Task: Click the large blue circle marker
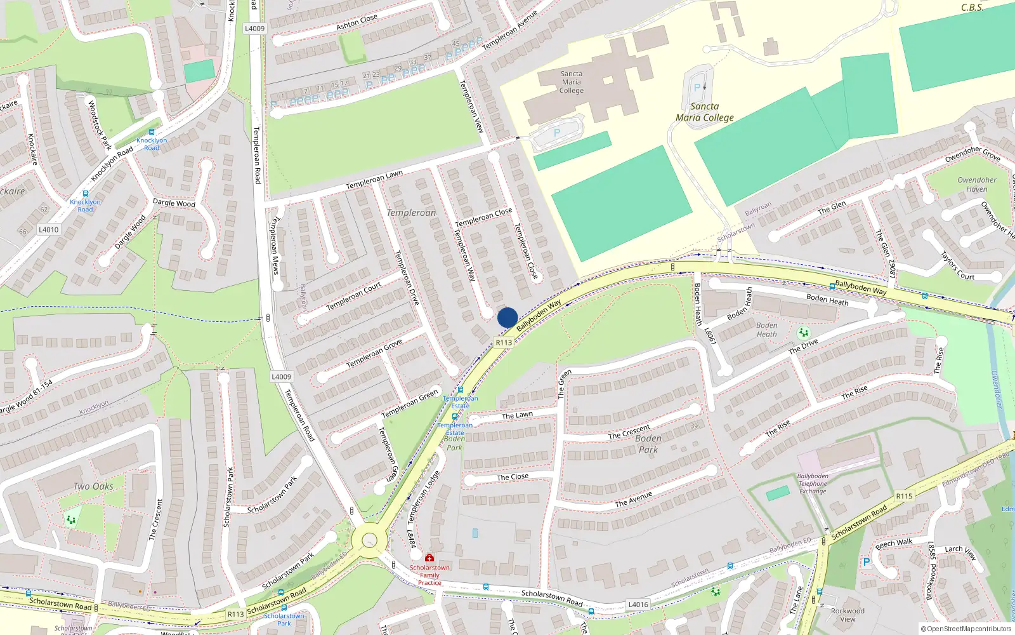pos(507,317)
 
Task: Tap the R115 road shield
pos(904,496)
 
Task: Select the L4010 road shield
pos(48,230)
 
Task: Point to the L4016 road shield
pos(638,605)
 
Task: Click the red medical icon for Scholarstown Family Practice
pos(429,558)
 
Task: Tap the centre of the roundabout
pos(369,541)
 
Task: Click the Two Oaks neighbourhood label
pos(93,486)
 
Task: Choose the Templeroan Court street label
pos(354,296)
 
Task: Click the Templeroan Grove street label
pos(374,353)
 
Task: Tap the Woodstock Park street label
pos(100,125)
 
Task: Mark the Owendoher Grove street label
pos(972,154)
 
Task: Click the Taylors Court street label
pos(957,265)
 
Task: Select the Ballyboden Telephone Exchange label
pos(813,483)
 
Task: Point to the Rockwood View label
pos(848,615)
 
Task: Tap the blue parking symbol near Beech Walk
pos(867,562)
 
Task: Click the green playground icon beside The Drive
pos(804,333)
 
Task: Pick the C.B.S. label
pos(972,8)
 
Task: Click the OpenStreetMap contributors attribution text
pos(966,629)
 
